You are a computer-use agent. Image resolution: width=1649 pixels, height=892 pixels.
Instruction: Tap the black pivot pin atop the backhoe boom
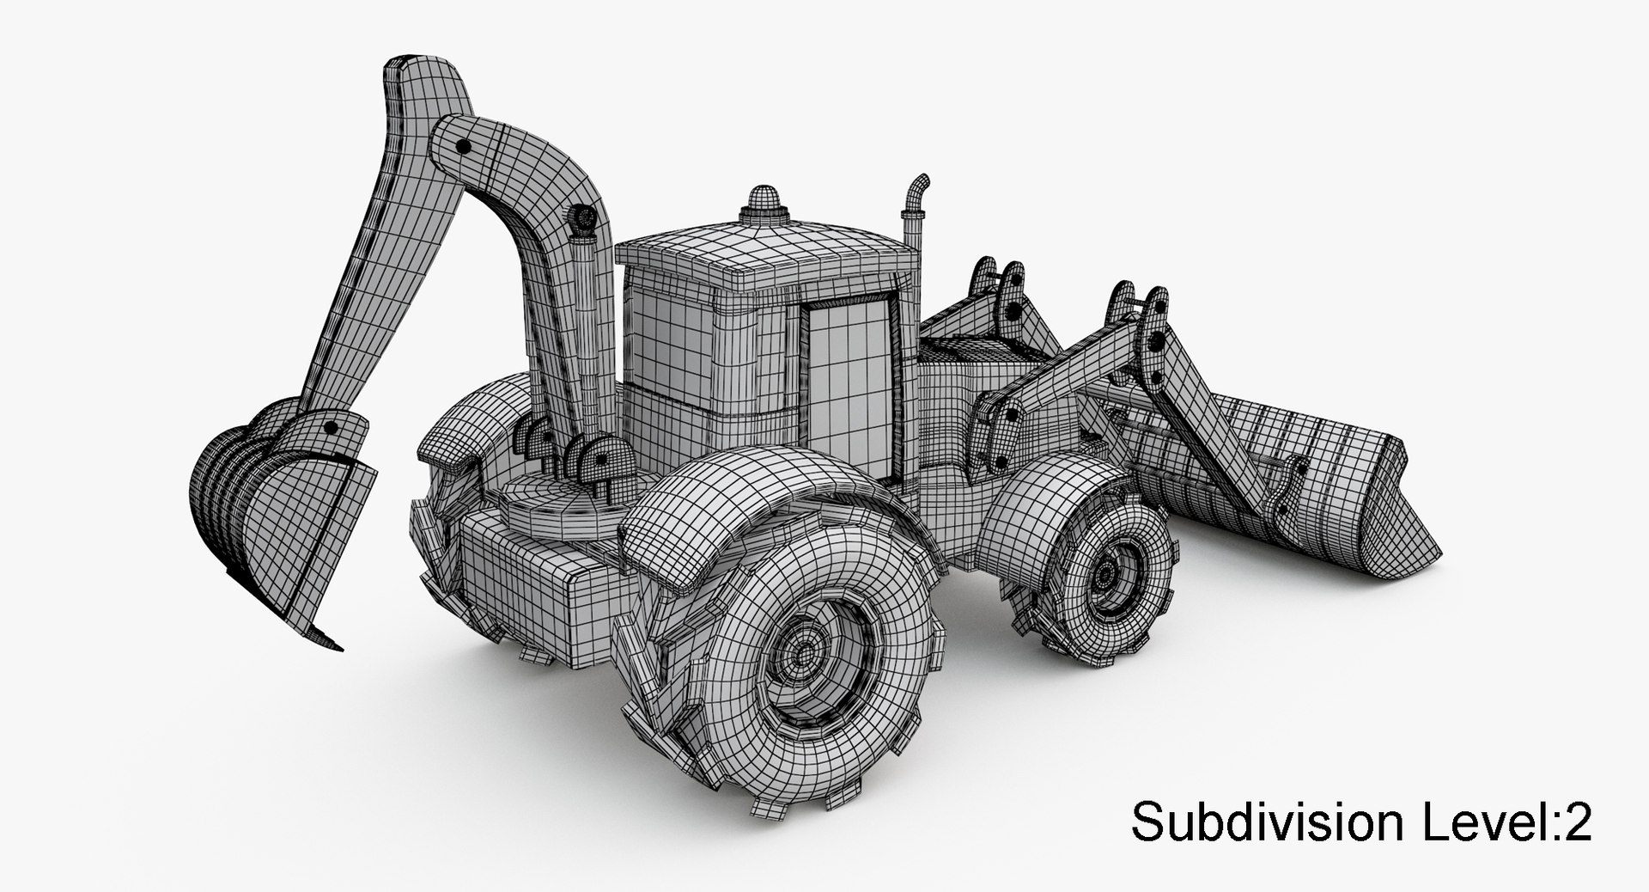coord(465,148)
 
